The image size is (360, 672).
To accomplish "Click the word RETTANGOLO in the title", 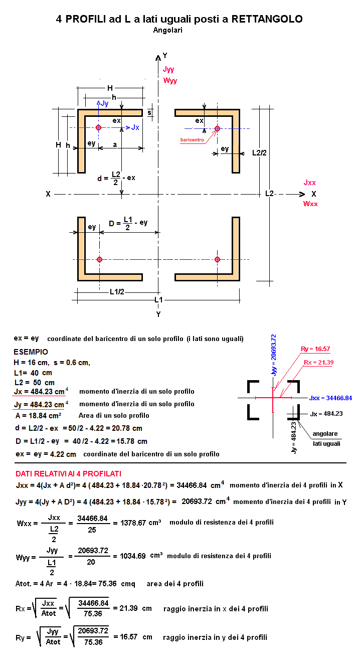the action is coord(267,19).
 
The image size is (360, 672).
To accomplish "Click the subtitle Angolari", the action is coord(167,30).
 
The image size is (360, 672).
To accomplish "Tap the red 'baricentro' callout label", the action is coord(192,140).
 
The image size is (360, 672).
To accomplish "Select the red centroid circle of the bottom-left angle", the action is coord(100,259).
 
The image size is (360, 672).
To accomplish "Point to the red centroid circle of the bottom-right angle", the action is coord(218,259).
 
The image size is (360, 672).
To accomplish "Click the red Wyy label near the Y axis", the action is coord(170,81).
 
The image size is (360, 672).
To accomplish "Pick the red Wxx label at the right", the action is coord(310,204).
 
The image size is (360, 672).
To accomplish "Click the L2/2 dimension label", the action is coord(259,153).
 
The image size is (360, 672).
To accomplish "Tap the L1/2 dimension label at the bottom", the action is coord(117,292).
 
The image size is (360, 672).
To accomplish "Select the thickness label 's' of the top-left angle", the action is coord(149,113).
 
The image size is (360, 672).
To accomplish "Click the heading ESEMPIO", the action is coord(31,352).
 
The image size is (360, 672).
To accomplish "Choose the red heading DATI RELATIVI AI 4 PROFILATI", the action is coord(68,474).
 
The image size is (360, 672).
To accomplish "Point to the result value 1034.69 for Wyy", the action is coord(132,556).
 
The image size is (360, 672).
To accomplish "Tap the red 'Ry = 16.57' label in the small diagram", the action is coord(315,349).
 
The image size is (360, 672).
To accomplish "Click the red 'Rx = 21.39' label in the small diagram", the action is coord(318,363).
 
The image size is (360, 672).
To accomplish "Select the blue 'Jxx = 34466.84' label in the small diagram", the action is coord(330,398).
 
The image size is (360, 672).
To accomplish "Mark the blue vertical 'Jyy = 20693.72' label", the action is coord(273,355).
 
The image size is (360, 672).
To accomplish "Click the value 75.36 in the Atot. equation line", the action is coord(107,584).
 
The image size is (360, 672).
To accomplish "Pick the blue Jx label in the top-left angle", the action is coord(135,127).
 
